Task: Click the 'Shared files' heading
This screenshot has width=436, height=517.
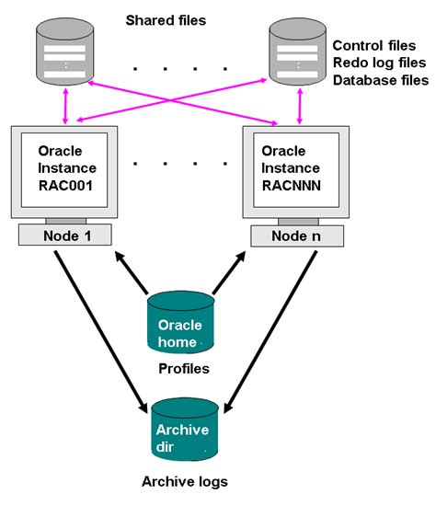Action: [166, 20]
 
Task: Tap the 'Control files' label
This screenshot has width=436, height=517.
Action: [374, 45]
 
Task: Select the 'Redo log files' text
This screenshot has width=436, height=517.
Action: [379, 63]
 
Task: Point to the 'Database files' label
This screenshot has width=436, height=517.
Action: [381, 80]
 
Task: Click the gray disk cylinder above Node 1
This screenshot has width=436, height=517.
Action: [65, 52]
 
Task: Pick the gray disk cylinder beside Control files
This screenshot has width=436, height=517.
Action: [297, 52]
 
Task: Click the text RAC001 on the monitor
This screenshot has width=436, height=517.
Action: [65, 186]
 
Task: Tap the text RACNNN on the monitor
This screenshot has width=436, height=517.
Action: [292, 186]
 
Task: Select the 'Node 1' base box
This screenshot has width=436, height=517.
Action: [65, 235]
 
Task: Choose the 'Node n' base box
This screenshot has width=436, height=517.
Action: [297, 236]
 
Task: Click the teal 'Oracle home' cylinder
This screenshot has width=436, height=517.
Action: [180, 322]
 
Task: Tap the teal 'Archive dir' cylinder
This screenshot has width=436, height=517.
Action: [185, 429]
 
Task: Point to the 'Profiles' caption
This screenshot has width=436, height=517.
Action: [184, 369]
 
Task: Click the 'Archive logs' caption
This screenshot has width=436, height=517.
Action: [185, 482]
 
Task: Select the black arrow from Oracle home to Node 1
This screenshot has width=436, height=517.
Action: [132, 272]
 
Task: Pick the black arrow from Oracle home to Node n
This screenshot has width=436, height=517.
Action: [229, 272]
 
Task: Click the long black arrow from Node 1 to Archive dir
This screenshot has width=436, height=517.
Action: [101, 332]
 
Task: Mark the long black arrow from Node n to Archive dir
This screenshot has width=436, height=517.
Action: [270, 332]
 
